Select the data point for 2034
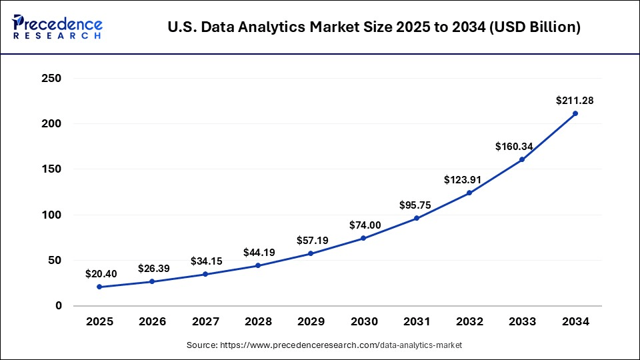575,113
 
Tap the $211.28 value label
575,101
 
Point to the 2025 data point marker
99,287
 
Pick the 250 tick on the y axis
51,79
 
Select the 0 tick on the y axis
58,306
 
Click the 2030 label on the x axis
364,322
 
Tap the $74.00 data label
365,225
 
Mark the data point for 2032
469,193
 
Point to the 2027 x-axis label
205,322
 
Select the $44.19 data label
259,253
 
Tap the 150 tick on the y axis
51,169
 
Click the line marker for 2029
311,253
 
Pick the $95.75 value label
417,205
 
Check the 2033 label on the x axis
522,322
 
